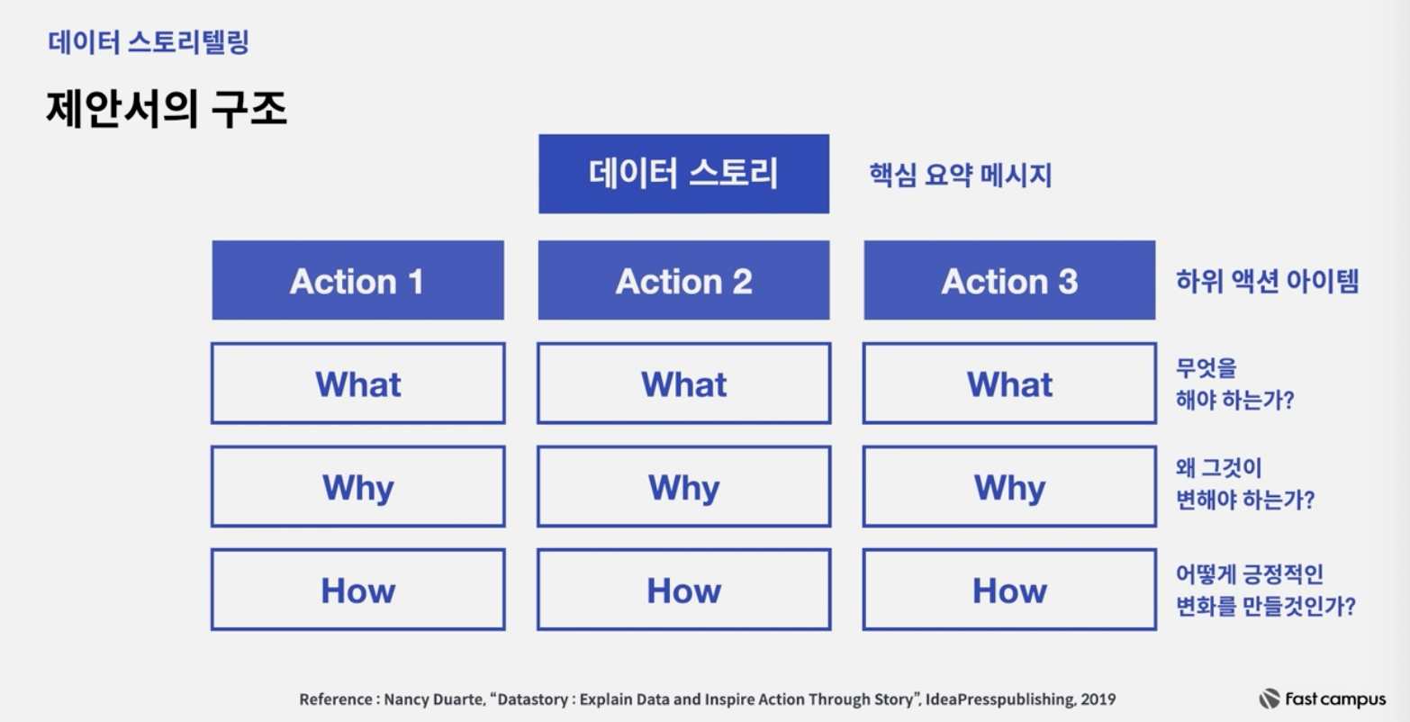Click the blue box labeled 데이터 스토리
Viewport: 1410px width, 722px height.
(683, 174)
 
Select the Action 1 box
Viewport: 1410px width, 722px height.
(357, 280)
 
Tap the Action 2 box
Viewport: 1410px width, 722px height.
(683, 280)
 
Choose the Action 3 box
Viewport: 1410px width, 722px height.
(1009, 280)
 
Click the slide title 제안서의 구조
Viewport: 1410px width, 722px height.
(167, 109)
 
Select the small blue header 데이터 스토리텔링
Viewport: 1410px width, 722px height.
(149, 42)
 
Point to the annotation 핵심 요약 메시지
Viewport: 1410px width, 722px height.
(961, 175)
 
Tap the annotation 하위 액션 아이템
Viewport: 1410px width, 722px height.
(1267, 281)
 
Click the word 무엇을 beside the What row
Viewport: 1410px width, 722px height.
(1206, 368)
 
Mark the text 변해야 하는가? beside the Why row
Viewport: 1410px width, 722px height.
(1245, 501)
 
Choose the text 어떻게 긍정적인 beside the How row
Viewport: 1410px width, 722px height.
(1250, 574)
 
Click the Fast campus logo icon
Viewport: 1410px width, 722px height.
(1269, 699)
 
